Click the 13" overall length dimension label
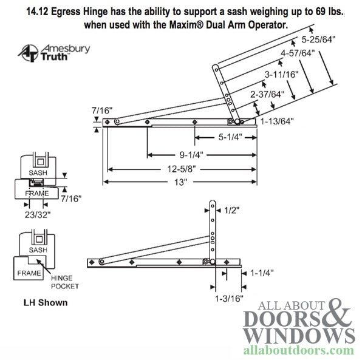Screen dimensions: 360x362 (x=181, y=181)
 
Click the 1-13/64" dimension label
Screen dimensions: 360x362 (x=277, y=121)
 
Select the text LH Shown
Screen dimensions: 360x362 (x=46, y=302)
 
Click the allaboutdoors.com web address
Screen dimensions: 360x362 (x=299, y=350)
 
